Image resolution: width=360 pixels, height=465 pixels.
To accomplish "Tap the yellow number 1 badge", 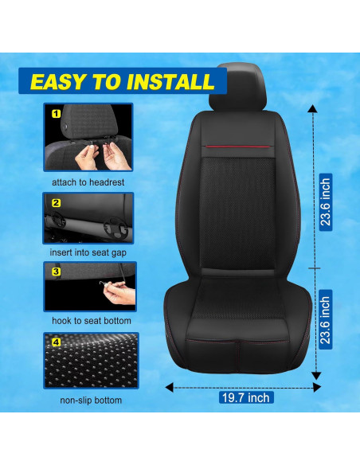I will (56, 115).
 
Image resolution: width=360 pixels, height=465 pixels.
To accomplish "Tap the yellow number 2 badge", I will (56, 202).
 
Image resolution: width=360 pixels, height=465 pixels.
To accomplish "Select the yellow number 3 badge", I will (56, 272).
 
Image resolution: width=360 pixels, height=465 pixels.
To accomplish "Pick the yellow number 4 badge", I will (56, 344).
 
